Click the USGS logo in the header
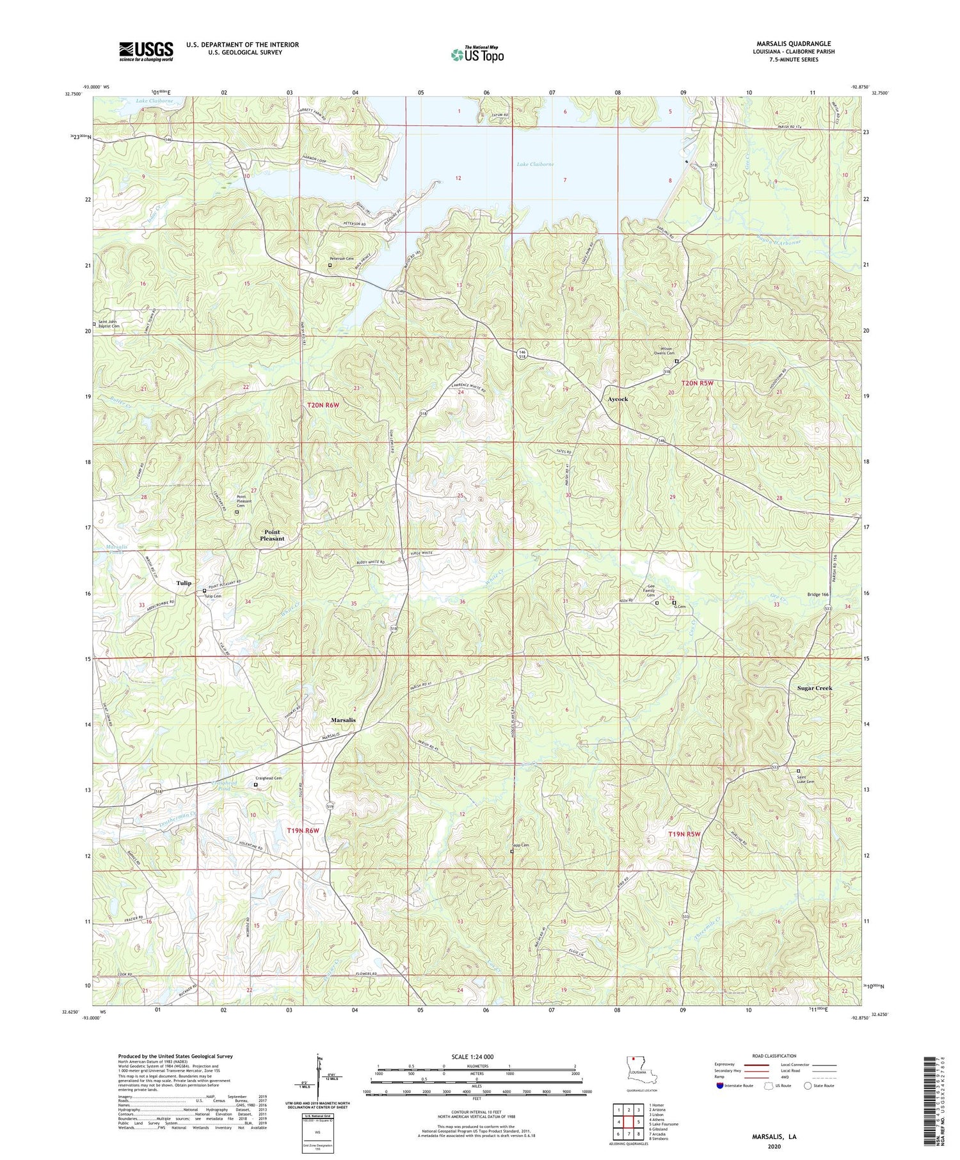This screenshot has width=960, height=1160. [x=146, y=51]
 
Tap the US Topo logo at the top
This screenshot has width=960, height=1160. [x=477, y=54]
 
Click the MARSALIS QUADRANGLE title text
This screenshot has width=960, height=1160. [x=794, y=44]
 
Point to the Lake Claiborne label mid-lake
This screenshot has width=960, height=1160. [x=535, y=164]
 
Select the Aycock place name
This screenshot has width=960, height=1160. [x=617, y=399]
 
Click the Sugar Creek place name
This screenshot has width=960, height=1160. [x=814, y=688]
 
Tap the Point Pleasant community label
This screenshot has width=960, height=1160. [x=272, y=536]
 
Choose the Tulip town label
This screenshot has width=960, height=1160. [x=183, y=583]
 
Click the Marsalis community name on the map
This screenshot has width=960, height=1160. [x=343, y=720]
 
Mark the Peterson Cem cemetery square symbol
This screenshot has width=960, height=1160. [x=330, y=265]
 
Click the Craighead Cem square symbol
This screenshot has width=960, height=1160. [x=256, y=784]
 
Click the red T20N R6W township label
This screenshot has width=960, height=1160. [x=324, y=404]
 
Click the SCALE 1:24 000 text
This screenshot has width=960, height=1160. [x=476, y=1057]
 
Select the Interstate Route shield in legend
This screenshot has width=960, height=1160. [x=720, y=1086]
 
